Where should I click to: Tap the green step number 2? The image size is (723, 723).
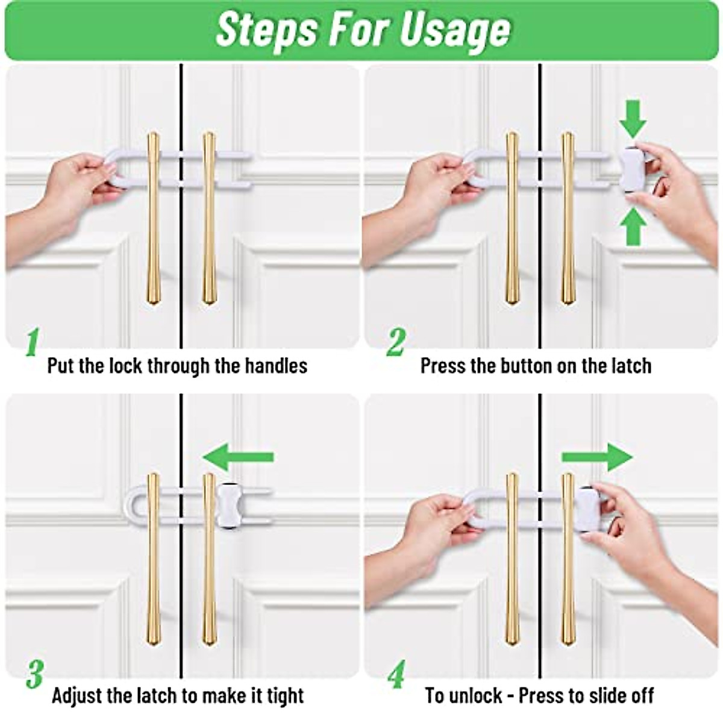tap(395, 342)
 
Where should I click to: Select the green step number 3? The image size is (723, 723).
tap(34, 674)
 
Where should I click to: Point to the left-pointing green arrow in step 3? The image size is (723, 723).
tap(238, 457)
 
